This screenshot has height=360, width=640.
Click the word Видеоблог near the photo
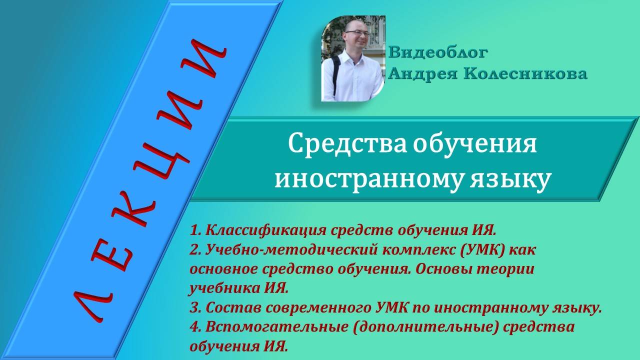point(438,52)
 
